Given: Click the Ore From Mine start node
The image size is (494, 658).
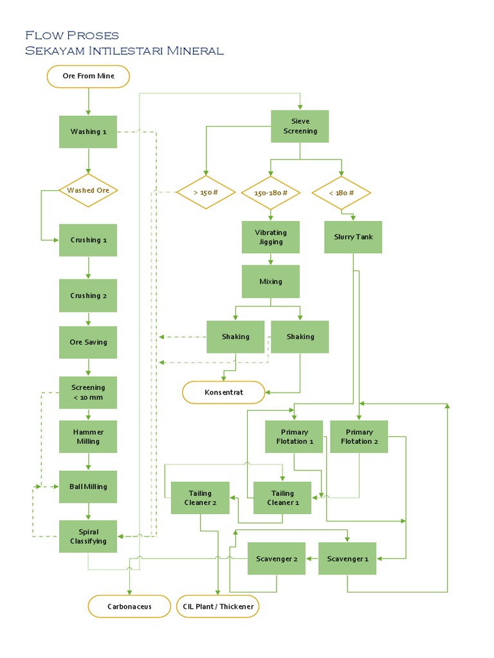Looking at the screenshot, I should pos(88,76).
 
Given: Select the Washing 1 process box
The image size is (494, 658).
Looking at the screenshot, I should pos(88,132).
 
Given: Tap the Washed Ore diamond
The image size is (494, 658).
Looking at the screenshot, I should pos(88,190).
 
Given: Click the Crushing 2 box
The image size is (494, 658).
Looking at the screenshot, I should pos(88,296).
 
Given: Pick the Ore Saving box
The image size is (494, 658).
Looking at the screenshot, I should pos(88,342).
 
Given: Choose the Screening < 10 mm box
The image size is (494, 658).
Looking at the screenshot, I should pos(88,393).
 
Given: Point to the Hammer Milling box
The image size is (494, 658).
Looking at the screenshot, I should pos(88,437).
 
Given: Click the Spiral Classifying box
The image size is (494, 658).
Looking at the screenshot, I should pos(88,537).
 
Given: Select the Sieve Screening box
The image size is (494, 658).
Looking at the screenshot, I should pos(300,127).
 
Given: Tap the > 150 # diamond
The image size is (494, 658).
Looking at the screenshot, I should pos(205,193).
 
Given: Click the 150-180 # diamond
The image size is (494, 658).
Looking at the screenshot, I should pos(270,193).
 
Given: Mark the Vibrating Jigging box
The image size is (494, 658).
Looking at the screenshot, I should pos(270,237).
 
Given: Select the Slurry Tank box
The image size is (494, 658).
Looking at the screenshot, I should pos(353,237).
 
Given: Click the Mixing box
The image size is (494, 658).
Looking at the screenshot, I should pos(270,281).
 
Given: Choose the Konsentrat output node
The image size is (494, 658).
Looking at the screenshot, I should pos(223,393).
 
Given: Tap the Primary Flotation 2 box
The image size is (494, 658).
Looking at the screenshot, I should pos(359,437).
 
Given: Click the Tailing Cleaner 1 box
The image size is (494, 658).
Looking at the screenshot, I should pos(282,498).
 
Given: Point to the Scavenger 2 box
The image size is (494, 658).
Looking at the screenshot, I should pos(276,559).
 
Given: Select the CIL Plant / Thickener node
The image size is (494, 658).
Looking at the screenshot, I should pos(218,607).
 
